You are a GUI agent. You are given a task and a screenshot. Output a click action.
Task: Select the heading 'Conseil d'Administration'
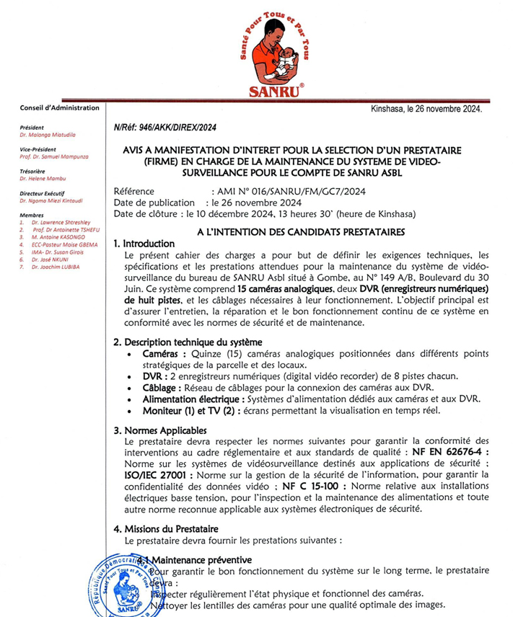pos(60,107)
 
